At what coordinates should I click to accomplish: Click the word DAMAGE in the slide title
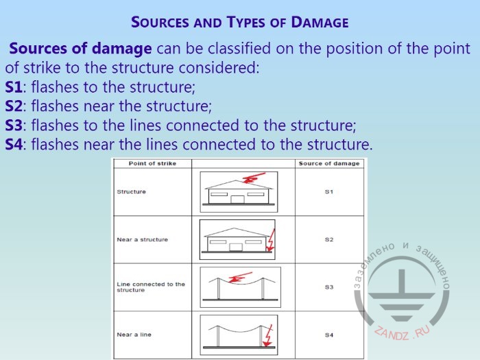(320, 23)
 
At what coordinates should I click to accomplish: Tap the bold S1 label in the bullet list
(14, 87)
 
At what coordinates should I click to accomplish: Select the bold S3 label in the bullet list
(14, 125)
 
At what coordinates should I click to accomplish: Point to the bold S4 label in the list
(14, 145)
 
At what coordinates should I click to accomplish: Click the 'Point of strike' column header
(152, 163)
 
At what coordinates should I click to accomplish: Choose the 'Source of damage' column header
(329, 163)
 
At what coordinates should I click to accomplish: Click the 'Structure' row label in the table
(132, 191)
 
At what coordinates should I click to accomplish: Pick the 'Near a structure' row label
(143, 239)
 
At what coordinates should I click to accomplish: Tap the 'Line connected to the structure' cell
(151, 287)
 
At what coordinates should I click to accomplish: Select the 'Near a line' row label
(134, 335)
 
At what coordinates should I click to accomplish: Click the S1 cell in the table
(329, 191)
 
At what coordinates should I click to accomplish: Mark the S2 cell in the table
(329, 239)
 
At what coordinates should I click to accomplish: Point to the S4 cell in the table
(329, 335)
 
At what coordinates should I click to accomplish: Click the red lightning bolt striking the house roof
(254, 178)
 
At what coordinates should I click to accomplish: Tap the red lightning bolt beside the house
(271, 240)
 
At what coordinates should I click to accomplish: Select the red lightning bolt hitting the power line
(241, 277)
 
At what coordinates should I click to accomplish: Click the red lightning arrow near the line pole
(268, 336)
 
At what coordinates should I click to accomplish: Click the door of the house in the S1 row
(237, 200)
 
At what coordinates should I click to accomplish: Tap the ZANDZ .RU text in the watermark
(402, 333)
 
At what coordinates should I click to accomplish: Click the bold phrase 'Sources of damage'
(80, 49)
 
